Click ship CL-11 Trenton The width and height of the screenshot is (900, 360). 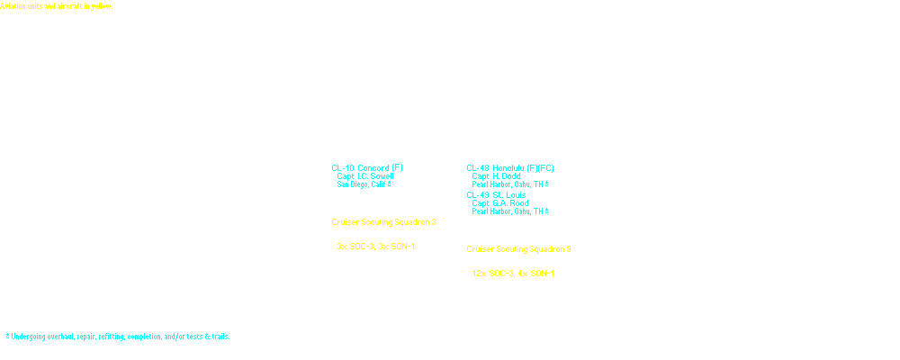[x=359, y=194]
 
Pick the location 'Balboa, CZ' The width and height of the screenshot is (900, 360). [x=353, y=211]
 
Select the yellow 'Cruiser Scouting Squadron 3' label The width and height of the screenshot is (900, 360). [x=383, y=221]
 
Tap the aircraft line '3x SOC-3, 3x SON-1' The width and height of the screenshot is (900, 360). [x=375, y=247]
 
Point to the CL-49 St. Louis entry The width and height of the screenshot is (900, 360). [x=498, y=194]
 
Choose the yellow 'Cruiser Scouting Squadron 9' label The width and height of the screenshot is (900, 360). [x=518, y=248]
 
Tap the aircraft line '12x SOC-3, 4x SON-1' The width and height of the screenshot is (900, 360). [x=513, y=274]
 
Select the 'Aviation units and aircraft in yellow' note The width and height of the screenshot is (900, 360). [x=56, y=5]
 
